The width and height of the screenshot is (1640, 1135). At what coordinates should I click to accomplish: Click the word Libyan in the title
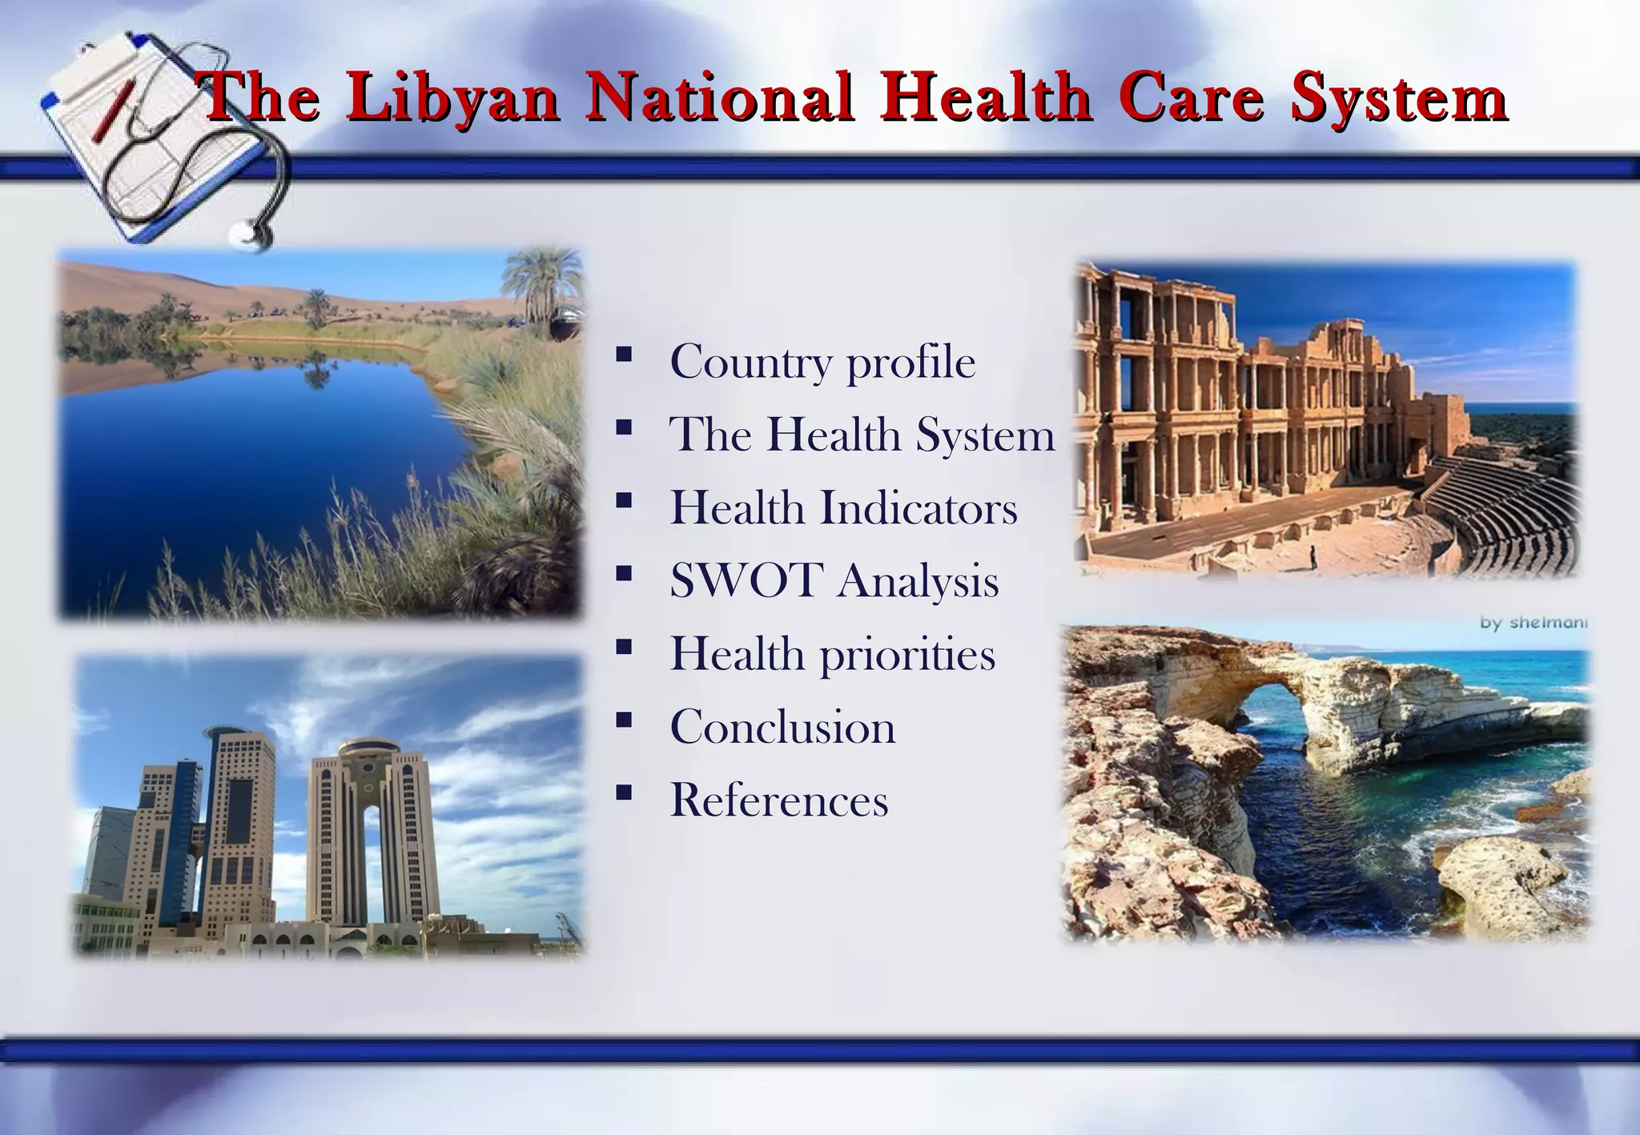[453, 98]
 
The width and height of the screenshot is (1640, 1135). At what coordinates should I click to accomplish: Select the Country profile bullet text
[822, 362]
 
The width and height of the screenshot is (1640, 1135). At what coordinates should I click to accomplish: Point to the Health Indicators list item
[843, 508]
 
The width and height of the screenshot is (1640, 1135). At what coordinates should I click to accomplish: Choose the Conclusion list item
[782, 727]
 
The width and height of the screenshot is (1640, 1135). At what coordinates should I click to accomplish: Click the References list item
[778, 800]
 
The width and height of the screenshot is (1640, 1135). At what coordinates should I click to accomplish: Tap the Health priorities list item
[832, 654]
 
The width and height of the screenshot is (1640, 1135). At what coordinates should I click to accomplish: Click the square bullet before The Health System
[624, 427]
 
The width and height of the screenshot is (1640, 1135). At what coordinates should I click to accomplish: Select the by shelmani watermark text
[1533, 622]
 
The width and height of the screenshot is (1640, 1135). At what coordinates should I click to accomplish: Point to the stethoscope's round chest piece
[245, 233]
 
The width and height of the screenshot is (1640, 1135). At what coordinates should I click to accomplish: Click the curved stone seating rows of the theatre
[1497, 512]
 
